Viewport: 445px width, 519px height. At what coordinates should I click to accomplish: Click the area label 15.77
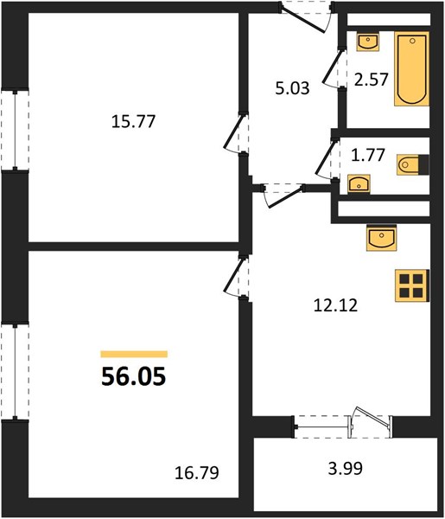click(133, 121)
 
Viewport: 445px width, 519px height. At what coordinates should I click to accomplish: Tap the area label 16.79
click(197, 472)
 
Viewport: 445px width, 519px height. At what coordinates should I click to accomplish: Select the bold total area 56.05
click(134, 376)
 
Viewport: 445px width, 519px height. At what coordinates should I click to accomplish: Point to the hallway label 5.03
click(292, 88)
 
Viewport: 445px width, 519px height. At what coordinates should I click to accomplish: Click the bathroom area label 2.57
click(371, 80)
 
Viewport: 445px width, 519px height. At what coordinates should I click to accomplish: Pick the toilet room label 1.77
click(368, 155)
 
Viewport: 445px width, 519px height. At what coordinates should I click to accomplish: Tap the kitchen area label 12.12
click(335, 305)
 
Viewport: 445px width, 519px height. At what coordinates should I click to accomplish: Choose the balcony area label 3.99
click(345, 468)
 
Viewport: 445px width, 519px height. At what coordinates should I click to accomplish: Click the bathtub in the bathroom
click(411, 69)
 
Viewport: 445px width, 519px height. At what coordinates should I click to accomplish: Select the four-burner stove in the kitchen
click(412, 285)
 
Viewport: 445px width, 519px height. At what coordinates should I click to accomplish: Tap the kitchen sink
click(381, 238)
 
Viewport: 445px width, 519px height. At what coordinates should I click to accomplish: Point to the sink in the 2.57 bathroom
click(367, 42)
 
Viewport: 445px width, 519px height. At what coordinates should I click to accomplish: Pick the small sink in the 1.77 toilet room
click(359, 183)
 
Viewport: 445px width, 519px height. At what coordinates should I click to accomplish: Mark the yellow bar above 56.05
click(134, 354)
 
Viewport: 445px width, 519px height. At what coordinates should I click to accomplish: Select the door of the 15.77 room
click(236, 133)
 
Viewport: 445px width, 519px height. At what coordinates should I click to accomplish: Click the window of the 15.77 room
click(15, 130)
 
